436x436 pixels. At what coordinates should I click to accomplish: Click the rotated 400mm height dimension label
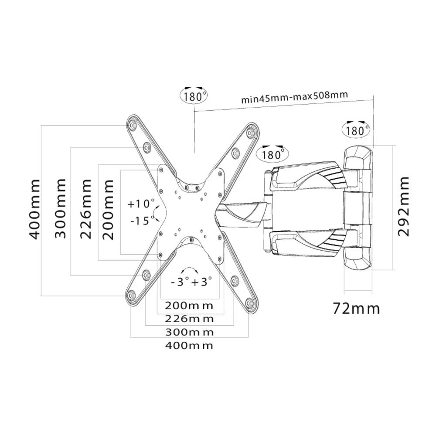pyautogui.click(x=35, y=209)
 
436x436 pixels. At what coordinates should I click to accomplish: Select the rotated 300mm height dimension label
pyautogui.click(x=61, y=208)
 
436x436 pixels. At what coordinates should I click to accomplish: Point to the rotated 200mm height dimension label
pyautogui.click(x=108, y=208)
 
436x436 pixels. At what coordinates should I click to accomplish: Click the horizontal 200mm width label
pyautogui.click(x=189, y=304)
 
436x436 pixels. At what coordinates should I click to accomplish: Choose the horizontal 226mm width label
pyautogui.click(x=189, y=318)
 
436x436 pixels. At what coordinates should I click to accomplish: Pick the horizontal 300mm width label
pyautogui.click(x=189, y=332)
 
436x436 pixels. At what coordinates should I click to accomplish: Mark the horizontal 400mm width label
pyautogui.click(x=189, y=346)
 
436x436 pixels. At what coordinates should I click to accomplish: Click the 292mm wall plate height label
pyautogui.click(x=404, y=206)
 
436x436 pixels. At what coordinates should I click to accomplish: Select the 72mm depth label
pyautogui.click(x=356, y=309)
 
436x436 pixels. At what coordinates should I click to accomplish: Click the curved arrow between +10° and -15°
pyautogui.click(x=155, y=212)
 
